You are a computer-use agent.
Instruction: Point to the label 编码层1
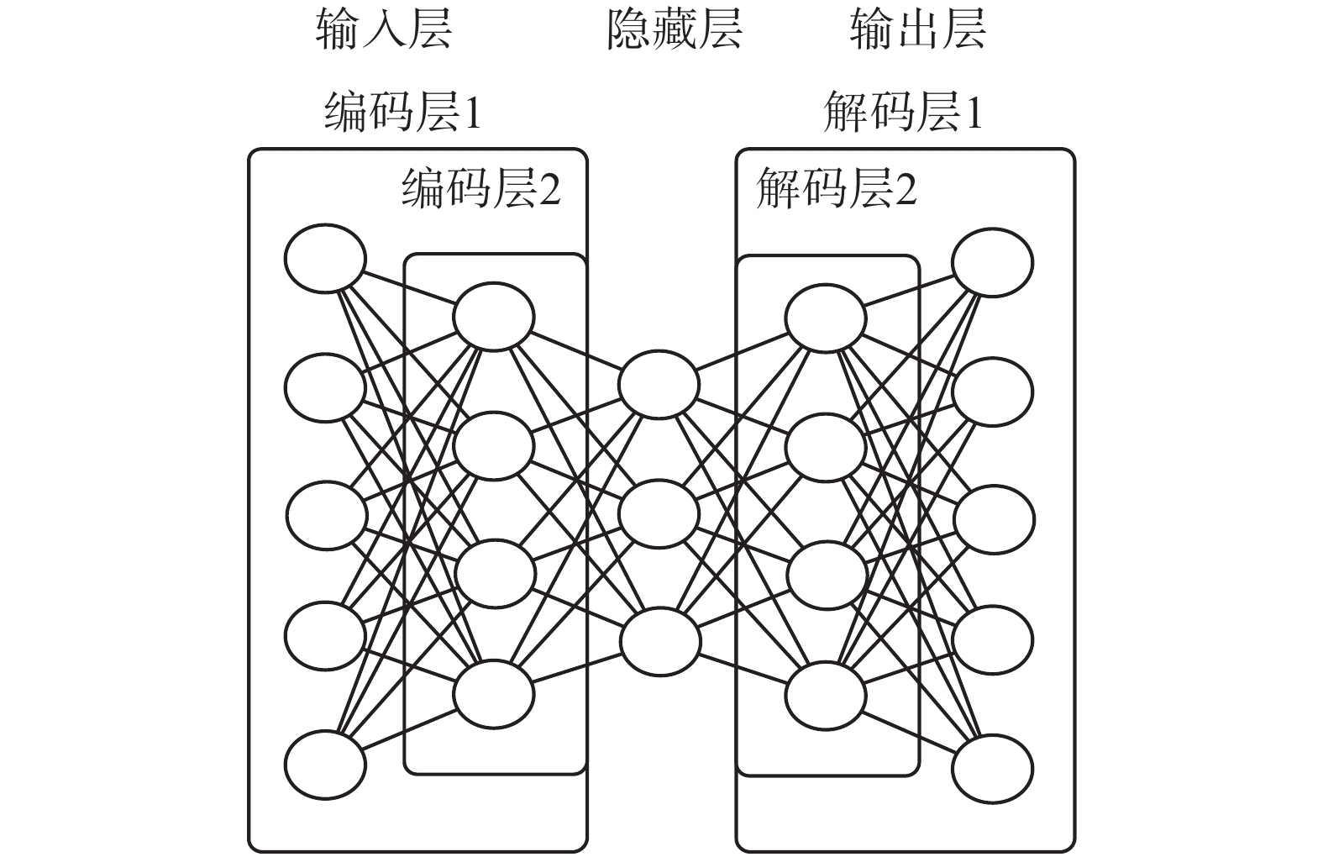(403, 112)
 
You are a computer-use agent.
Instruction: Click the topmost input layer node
(325, 259)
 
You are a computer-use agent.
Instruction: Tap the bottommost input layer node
(325, 765)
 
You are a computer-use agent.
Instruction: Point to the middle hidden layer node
(659, 513)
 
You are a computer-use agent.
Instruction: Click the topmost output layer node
(992, 263)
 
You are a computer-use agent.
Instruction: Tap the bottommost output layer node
(992, 769)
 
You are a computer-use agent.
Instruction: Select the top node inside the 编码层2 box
(493, 317)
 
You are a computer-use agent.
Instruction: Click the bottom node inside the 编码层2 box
(493, 694)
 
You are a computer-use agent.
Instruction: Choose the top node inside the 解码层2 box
(826, 318)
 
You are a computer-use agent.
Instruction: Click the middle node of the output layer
(994, 519)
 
